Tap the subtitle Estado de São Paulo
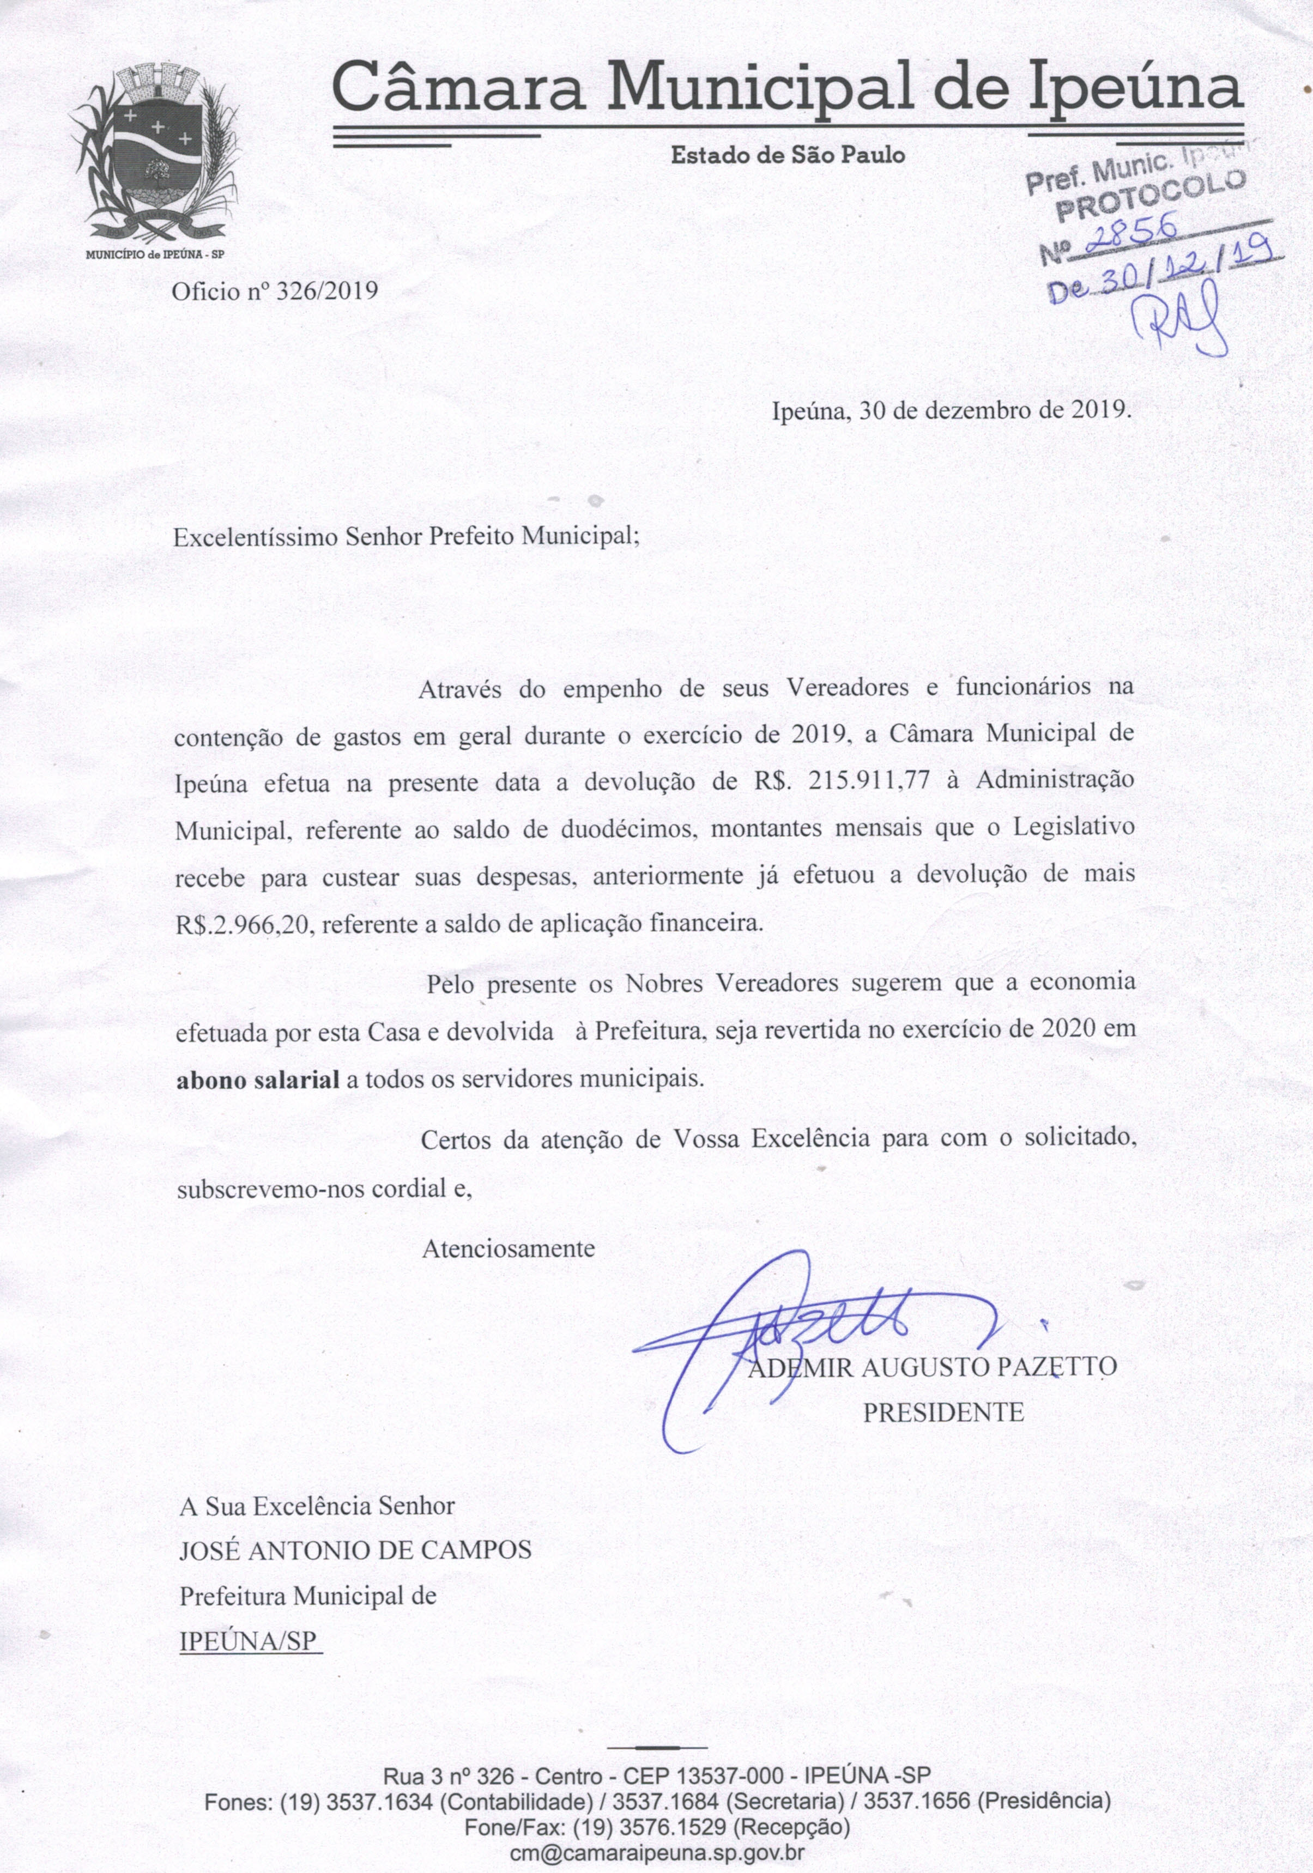click(788, 155)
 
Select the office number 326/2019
click(327, 291)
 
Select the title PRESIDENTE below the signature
click(943, 1412)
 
